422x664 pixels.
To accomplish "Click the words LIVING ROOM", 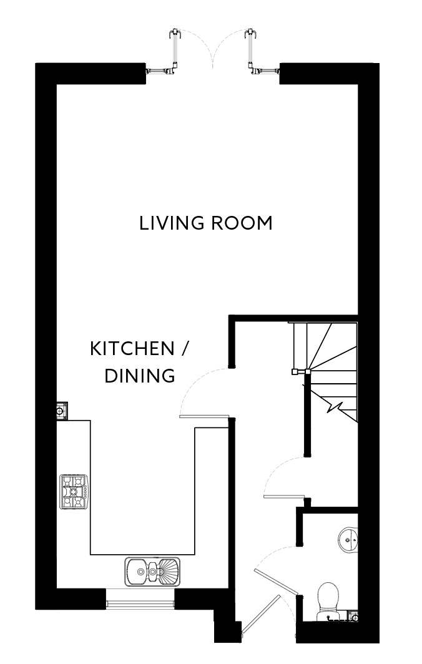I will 206,223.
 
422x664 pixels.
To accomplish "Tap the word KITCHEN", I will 132,348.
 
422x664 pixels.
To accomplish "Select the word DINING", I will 139,376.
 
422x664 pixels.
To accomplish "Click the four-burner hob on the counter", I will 74,491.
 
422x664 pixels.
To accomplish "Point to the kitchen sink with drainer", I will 152,570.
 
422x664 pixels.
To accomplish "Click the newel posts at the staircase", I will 300,372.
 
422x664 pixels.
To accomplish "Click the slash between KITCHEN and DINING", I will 184,348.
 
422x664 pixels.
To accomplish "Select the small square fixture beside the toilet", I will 354,618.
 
